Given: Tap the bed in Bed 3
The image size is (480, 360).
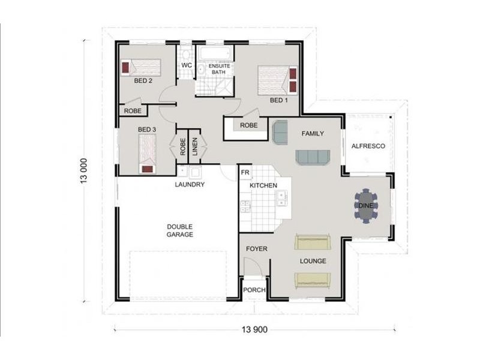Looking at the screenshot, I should point(148,153).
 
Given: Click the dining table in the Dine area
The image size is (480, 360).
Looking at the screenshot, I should point(366,206).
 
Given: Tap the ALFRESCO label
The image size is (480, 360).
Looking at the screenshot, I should point(368,146).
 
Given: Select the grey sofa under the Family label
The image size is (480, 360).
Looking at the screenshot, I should point(312,157).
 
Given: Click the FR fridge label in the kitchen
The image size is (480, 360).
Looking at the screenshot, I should point(245,173).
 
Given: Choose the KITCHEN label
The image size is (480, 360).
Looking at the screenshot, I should point(263,186).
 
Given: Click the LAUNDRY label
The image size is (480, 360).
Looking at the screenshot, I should point(190,185).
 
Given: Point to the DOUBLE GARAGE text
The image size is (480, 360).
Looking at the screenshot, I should point(180,230).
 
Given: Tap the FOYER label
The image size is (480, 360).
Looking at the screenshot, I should point(257,248).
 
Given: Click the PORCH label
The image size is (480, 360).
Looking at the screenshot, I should point(254,290).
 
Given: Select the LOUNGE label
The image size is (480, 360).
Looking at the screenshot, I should point(313,261).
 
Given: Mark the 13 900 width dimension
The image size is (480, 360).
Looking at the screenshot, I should point(254,330).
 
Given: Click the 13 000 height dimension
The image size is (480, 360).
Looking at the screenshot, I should point(84,174).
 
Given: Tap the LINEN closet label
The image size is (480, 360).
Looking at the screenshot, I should point(195,147).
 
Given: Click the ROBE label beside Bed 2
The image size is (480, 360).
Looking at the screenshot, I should point(132,111).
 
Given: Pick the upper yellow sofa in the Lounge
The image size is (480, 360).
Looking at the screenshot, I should point(312,242).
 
